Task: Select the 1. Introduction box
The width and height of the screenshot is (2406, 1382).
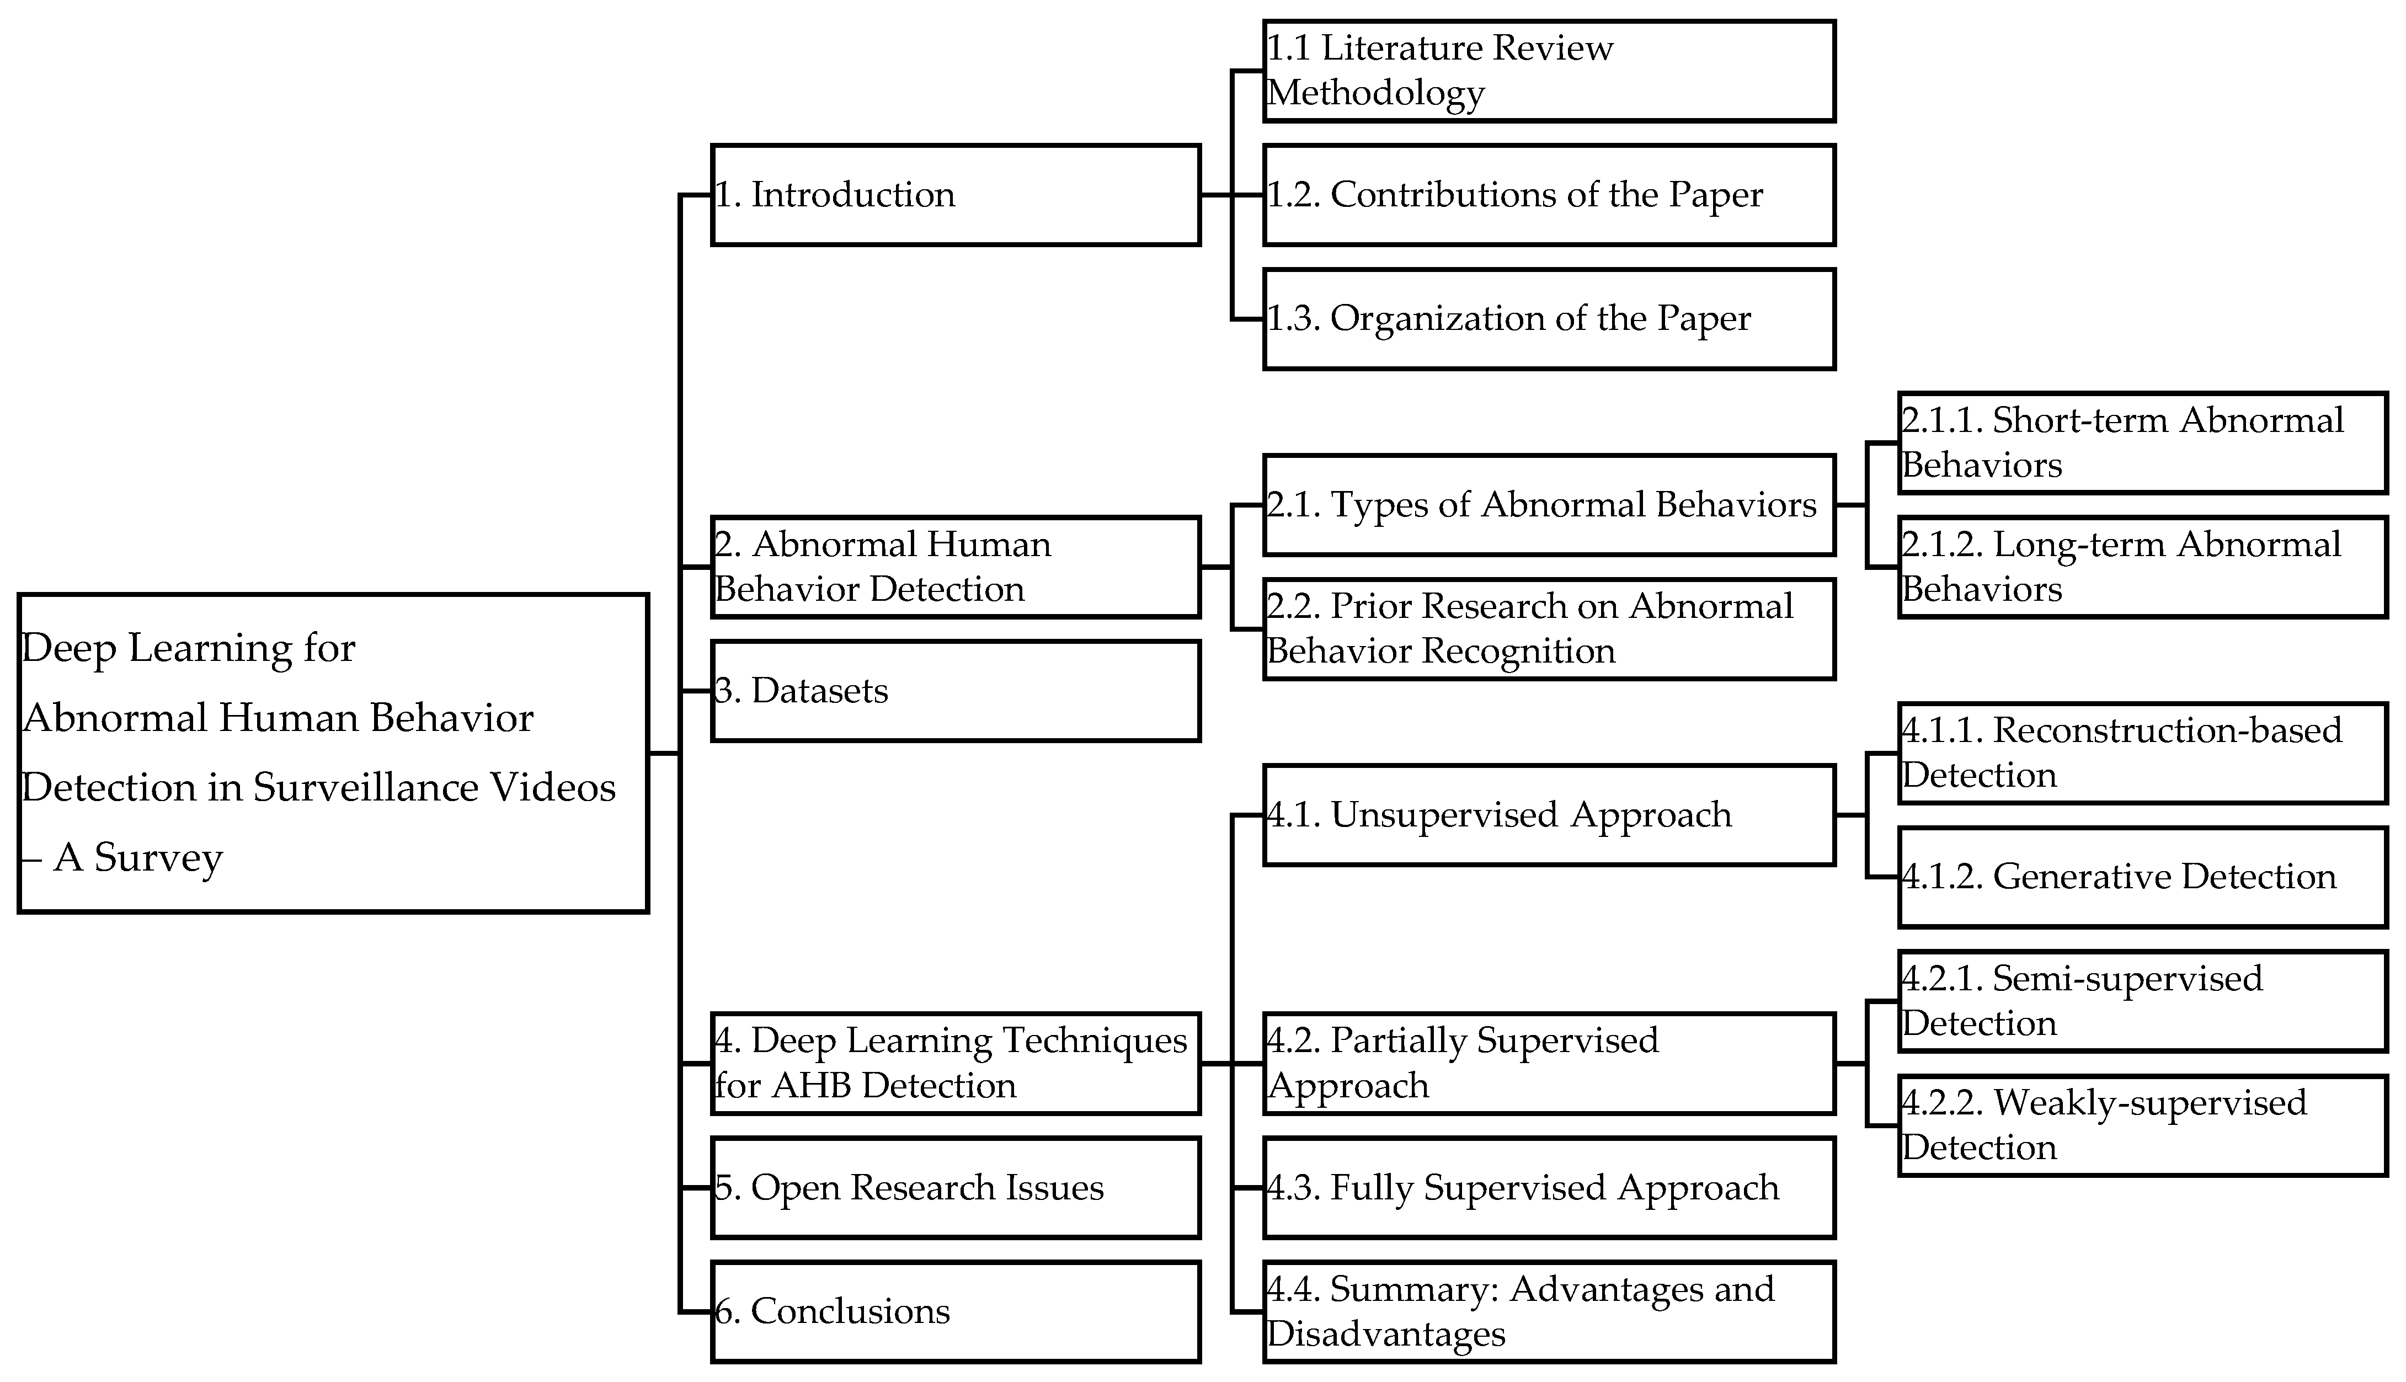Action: [955, 195]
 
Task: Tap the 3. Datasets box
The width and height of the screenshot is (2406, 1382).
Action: [955, 690]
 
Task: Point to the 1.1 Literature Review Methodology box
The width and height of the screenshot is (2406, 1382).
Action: [1549, 71]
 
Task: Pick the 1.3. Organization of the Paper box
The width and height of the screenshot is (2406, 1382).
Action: [1549, 319]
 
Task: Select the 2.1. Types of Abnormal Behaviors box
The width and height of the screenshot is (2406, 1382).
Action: [1549, 505]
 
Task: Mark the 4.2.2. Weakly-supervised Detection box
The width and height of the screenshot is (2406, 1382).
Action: [2142, 1125]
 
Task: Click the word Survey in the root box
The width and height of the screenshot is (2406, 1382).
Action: [158, 858]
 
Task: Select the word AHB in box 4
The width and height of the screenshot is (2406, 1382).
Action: [814, 1085]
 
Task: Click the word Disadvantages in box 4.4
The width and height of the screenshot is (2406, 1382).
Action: [1386, 1333]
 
